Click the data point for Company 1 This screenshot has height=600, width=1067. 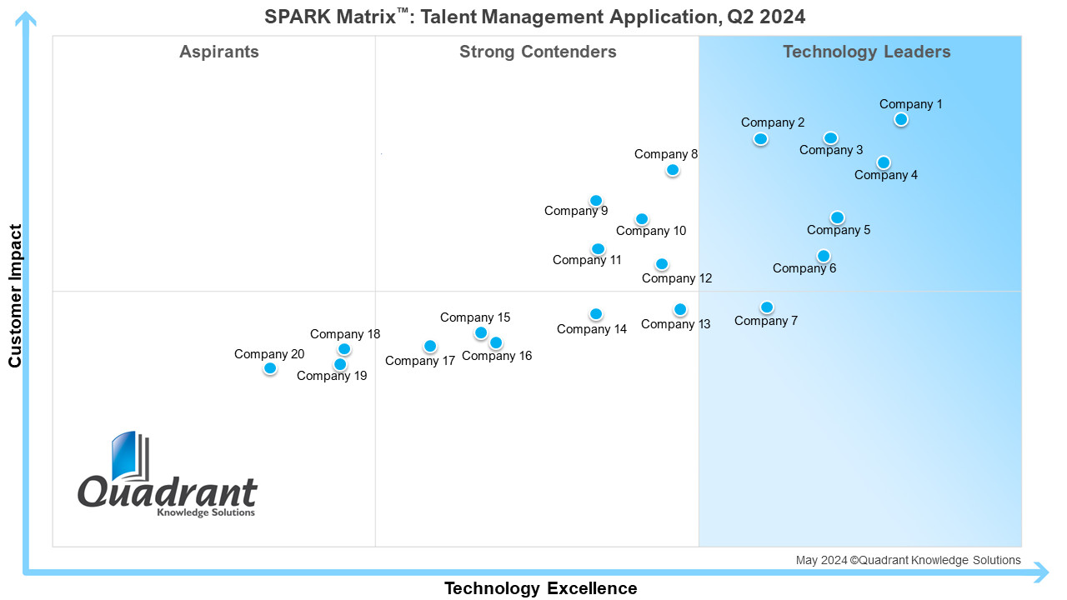(901, 119)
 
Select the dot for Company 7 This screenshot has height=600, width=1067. (767, 307)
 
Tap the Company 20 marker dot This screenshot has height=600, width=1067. (270, 368)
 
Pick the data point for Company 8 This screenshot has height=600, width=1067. (673, 169)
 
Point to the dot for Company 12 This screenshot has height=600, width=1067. (662, 264)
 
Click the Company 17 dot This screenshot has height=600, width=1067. (430, 346)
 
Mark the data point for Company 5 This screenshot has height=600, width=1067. (838, 217)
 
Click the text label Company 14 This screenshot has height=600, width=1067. (592, 329)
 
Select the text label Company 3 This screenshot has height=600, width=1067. (831, 150)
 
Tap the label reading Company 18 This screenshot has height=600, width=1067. (345, 334)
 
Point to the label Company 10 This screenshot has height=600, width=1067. (651, 231)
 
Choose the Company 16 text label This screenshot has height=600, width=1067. (497, 356)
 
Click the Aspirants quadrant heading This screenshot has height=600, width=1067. (219, 52)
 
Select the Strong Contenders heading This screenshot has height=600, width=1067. (538, 52)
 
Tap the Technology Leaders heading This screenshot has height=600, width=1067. (867, 52)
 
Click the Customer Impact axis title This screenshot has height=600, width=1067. (15, 296)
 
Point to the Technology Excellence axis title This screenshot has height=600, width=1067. (541, 588)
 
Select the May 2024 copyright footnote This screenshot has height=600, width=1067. (909, 560)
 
